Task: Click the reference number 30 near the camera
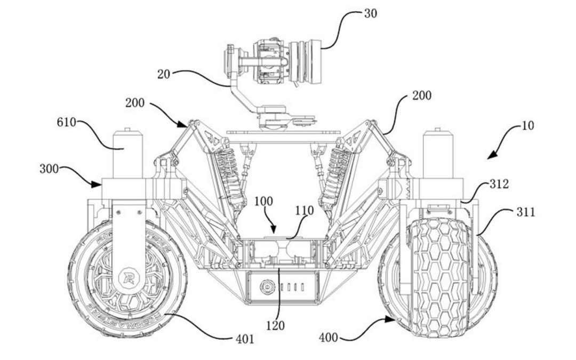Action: (370, 13)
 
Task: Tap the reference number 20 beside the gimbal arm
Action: (164, 74)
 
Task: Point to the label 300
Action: (50, 170)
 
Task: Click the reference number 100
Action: (263, 202)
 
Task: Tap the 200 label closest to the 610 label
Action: (135, 103)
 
